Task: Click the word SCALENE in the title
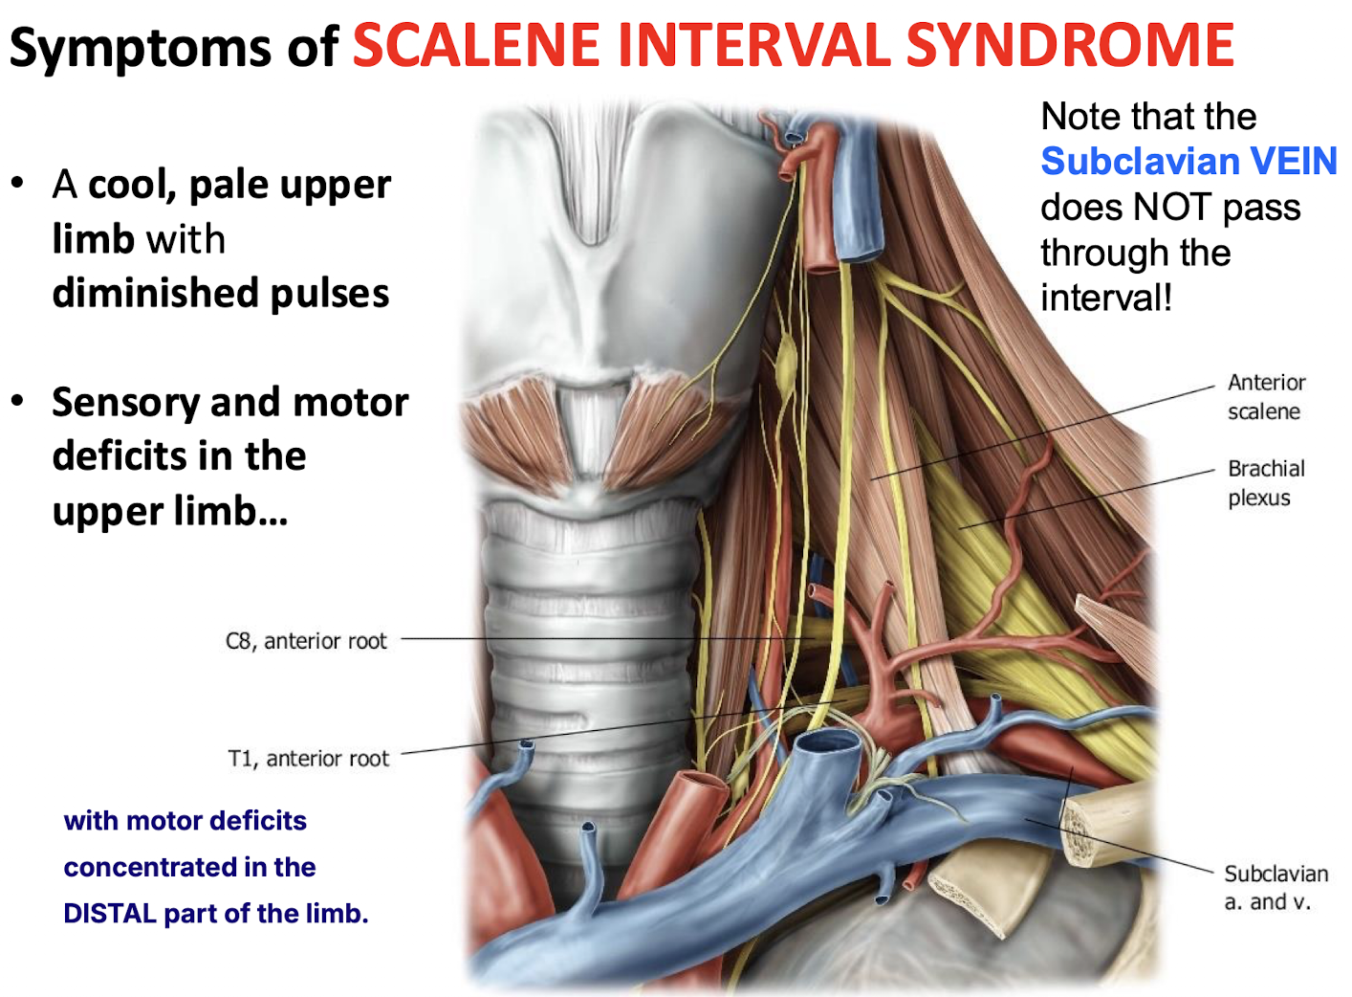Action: click(477, 45)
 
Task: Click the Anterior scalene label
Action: click(1266, 397)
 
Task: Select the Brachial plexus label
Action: click(1265, 483)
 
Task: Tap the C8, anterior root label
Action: click(306, 641)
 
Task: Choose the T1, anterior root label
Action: click(308, 759)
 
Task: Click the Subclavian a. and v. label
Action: click(1276, 888)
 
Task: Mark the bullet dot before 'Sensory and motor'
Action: click(17, 401)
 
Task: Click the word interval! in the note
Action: click(1106, 298)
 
